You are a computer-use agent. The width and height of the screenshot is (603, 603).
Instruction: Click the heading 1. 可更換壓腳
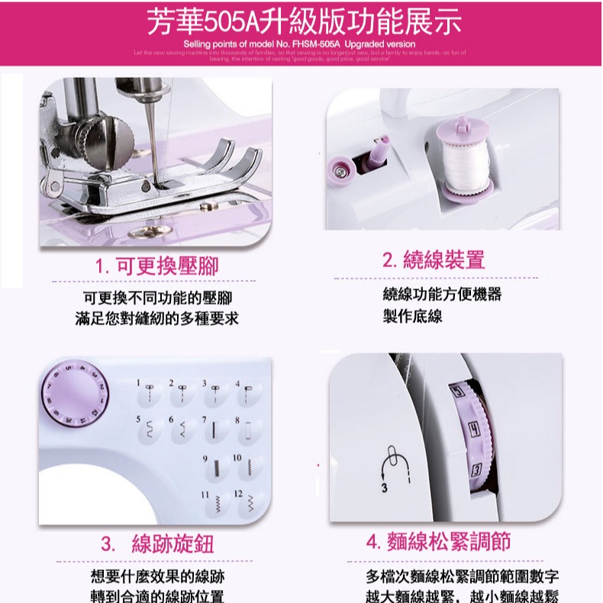click(x=157, y=266)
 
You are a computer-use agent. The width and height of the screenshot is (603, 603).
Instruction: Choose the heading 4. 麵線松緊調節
click(x=438, y=542)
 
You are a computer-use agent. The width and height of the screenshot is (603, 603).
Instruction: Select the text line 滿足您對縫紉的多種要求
click(x=157, y=318)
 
